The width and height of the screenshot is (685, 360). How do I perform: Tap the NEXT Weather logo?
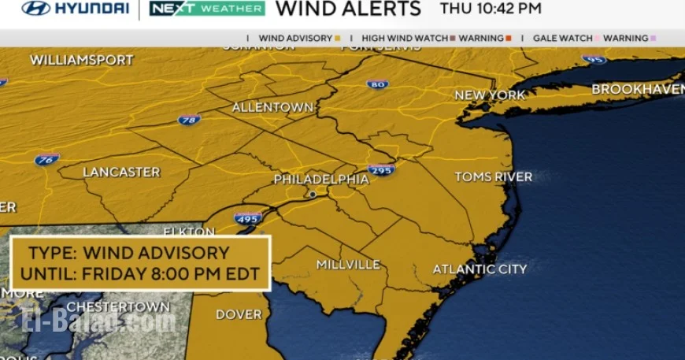pos(207,9)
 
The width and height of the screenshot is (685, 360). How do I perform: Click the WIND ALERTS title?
pos(350,9)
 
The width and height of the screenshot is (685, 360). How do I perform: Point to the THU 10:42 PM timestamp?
pos(491,9)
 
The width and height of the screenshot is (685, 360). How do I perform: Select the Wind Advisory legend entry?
pos(298,38)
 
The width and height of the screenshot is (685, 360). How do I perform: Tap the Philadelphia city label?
pos(321,180)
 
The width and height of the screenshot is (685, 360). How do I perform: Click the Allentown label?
pos(272,107)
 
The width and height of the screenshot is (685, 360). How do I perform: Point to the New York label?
pos(490,95)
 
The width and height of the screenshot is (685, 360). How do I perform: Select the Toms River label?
pos(494,177)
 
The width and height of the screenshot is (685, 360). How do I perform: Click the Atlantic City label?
pos(479,269)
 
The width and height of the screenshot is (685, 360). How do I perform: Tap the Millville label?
pos(349,265)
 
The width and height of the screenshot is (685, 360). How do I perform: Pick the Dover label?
pos(239,314)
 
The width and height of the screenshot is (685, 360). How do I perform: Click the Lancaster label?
pos(121,172)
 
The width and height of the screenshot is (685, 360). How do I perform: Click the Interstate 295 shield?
pos(382,169)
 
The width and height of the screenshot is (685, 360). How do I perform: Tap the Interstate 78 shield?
pos(189,121)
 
